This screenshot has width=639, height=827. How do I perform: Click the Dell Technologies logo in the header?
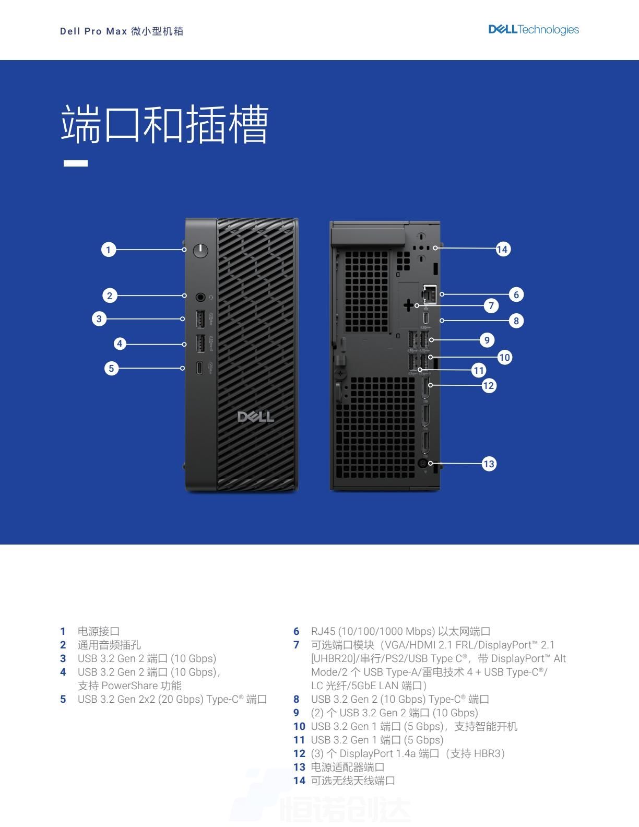534,30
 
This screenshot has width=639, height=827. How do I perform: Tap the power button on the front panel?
200,251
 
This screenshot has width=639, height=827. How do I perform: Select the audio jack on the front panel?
200,297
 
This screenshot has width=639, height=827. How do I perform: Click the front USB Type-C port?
199,368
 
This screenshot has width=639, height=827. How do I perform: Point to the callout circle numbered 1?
109,250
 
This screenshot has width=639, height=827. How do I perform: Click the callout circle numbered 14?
502,249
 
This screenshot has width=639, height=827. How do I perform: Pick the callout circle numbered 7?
491,305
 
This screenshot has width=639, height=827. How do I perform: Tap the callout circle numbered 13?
489,464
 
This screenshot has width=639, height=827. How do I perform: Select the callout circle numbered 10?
504,357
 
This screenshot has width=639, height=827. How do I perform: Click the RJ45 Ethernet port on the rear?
429,294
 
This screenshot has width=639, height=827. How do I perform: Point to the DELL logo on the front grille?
255,417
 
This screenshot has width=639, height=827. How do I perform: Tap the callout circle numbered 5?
112,368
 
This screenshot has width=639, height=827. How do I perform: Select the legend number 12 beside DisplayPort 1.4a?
299,753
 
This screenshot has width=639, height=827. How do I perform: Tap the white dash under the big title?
75,163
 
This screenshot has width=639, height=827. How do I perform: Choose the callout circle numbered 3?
99,318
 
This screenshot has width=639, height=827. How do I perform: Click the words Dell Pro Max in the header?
93,31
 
